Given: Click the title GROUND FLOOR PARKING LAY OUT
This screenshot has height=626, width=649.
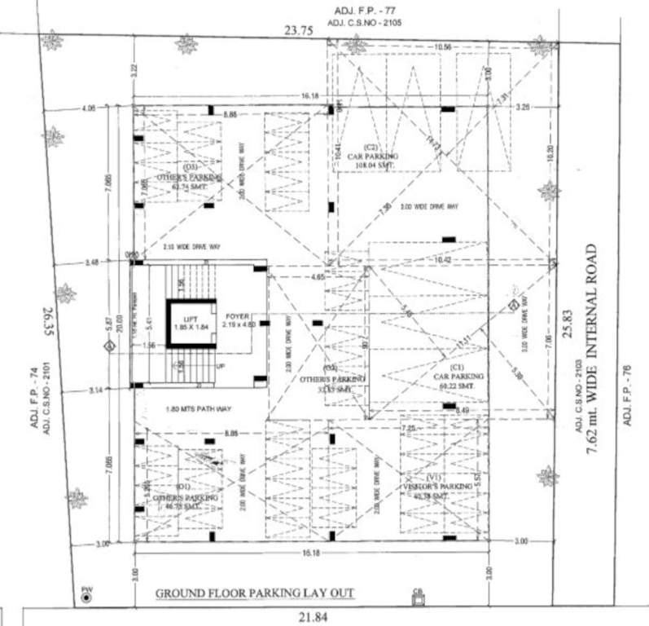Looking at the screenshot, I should (x=254, y=593).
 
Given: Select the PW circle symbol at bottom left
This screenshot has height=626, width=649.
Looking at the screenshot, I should (x=86, y=597).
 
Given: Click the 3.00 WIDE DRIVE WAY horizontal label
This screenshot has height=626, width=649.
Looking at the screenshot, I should (x=430, y=207).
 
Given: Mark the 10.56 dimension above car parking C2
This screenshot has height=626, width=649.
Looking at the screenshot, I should (x=443, y=47).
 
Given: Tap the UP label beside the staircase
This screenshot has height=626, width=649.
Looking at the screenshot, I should (x=219, y=366).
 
